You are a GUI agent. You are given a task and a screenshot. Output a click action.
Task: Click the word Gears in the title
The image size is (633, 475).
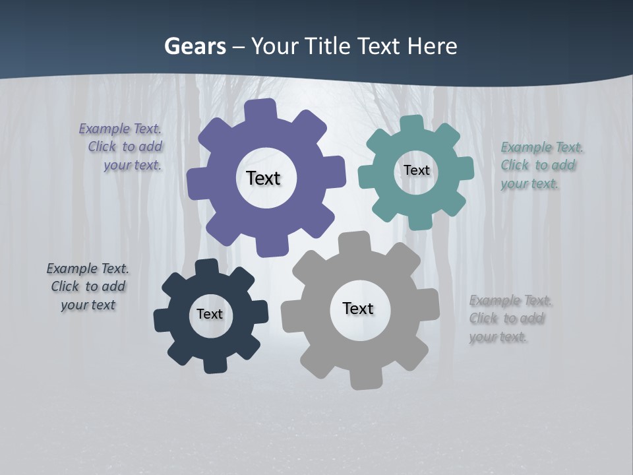[194, 47]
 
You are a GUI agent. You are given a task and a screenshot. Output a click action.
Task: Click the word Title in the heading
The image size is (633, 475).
[327, 47]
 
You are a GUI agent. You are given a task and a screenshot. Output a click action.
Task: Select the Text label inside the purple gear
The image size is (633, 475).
[263, 178]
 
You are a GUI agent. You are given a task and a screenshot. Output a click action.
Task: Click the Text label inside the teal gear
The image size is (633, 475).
[416, 170]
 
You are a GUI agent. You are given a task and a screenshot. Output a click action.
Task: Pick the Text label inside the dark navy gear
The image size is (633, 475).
[210, 314]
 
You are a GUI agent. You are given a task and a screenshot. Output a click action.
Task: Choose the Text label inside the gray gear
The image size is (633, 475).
[358, 308]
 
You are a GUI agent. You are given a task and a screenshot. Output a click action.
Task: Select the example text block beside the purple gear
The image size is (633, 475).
[121, 147]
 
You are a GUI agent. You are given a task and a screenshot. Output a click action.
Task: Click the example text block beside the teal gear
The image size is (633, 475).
[541, 166]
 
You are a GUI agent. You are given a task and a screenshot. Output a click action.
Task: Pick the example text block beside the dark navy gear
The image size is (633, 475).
[88, 286]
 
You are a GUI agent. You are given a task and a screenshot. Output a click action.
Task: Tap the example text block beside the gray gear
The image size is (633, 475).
[510, 319]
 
